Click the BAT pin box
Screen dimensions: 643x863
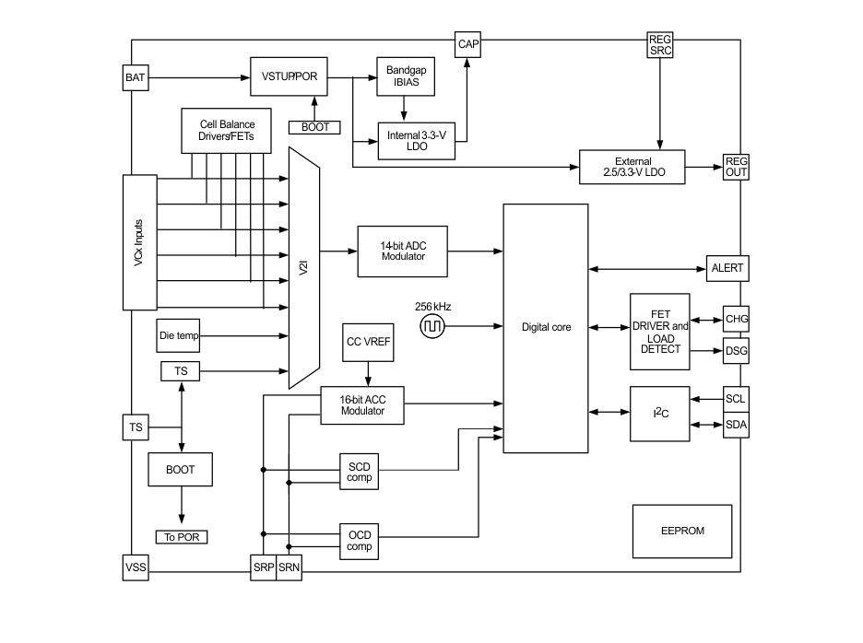[135, 77]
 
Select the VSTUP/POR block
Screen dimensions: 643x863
[290, 77]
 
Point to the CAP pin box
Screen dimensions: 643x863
[468, 44]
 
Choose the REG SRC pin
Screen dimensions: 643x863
[660, 45]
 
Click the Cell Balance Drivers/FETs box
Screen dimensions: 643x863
[227, 131]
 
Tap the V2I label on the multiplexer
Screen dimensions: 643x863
[303, 267]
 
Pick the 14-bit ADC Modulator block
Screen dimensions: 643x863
[403, 251]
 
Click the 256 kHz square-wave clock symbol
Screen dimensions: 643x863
[432, 326]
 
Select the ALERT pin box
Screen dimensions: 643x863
[727, 269]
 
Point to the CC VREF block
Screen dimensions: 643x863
[367, 342]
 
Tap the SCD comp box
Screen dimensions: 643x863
[359, 472]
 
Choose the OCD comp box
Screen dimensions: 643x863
[359, 541]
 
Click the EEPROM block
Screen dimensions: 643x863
[682, 532]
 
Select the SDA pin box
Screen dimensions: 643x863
[736, 425]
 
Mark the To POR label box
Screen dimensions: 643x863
[182, 537]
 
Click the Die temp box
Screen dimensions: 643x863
[179, 336]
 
